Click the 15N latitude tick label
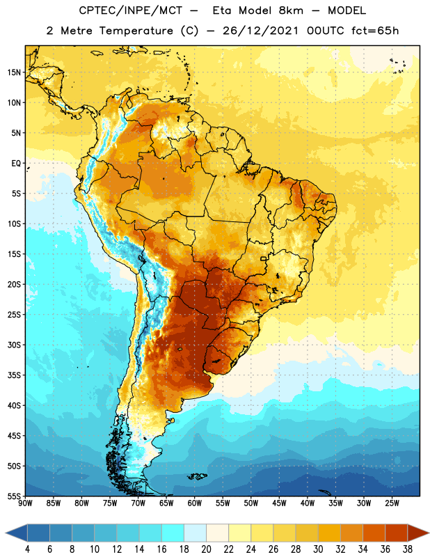[x=14, y=72]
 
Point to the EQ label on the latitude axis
[x=16, y=164]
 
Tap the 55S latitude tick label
[x=14, y=496]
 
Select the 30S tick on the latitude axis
[x=14, y=345]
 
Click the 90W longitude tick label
[x=25, y=503]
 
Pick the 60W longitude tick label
[x=195, y=503]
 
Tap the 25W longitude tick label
[x=392, y=503]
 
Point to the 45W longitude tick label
[x=279, y=503]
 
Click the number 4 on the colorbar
[x=27, y=549]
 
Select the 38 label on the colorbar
[x=408, y=549]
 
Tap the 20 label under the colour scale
[x=206, y=549]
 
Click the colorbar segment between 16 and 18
[x=173, y=533]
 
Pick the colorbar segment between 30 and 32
[x=329, y=533]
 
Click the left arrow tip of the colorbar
[x=6, y=533]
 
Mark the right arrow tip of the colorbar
[x=429, y=533]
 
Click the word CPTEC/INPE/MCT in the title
[x=130, y=10]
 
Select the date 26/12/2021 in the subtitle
[x=260, y=31]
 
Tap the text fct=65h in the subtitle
[x=375, y=31]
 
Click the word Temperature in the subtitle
[x=136, y=31]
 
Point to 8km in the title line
[x=291, y=10]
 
